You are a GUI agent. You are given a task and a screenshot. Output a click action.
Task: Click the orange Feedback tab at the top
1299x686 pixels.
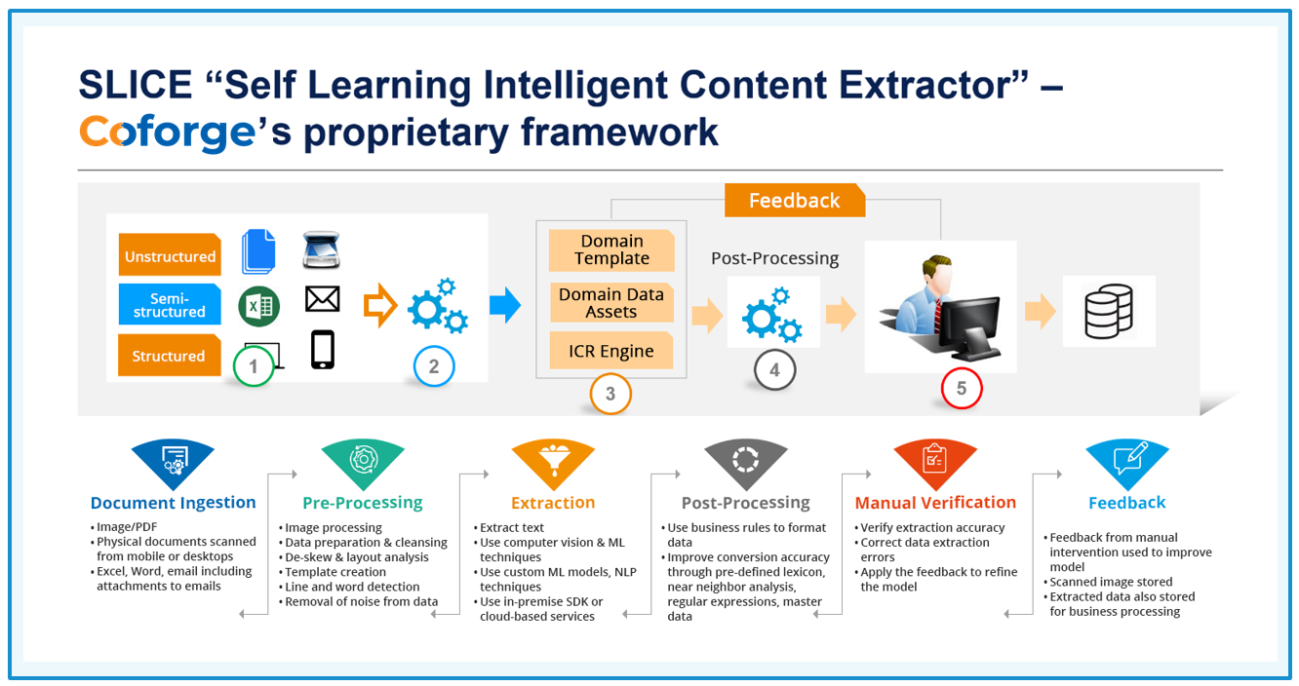[795, 201]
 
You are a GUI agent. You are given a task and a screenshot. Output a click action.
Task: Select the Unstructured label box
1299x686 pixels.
[170, 255]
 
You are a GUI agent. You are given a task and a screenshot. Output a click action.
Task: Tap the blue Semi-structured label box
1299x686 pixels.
[170, 304]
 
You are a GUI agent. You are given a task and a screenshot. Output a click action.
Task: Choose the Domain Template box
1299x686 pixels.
[611, 250]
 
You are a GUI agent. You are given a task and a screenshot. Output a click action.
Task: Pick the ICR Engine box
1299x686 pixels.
[611, 351]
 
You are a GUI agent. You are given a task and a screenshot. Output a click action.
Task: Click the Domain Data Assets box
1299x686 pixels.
[611, 302]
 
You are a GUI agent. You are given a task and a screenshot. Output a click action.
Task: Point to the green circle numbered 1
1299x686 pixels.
[254, 366]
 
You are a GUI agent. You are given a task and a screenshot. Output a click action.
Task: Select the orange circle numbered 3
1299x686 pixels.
[610, 394]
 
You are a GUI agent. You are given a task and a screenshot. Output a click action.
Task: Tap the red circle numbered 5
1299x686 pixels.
[961, 388]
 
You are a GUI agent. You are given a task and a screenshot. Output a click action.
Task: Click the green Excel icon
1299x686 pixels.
[258, 306]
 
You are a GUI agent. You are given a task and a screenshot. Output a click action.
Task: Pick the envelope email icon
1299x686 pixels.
[323, 299]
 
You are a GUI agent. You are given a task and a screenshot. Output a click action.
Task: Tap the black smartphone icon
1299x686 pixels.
[323, 350]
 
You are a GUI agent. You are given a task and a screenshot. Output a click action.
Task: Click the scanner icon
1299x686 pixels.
[321, 250]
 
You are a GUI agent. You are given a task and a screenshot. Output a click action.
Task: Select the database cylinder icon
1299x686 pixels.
[1108, 311]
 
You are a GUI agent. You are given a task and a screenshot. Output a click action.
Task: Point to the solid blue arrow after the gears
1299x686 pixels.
[505, 305]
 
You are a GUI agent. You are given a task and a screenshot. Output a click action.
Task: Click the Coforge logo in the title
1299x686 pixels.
[167, 133]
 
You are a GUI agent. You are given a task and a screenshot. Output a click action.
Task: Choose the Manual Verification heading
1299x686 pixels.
[935, 503]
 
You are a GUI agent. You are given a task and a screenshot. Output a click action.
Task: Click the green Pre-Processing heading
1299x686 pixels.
[363, 503]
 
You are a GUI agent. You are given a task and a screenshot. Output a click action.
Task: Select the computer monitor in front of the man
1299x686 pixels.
[969, 327]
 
